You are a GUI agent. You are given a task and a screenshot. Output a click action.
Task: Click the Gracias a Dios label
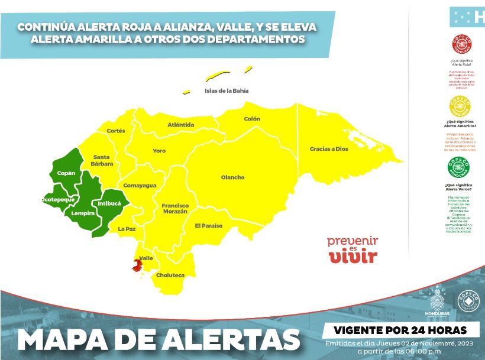[x=329, y=149]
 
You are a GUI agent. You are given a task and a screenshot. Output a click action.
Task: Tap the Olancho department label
[x=232, y=177]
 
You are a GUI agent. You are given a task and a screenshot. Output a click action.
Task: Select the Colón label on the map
[x=252, y=119]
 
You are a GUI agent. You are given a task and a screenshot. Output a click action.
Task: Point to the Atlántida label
[x=180, y=125]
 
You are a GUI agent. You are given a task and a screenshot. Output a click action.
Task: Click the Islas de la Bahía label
[x=227, y=91]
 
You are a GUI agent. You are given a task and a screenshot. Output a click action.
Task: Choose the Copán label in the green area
[x=66, y=173]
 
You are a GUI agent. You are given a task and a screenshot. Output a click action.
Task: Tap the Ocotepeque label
[x=57, y=200]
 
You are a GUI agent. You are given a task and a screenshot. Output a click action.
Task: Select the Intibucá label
[x=109, y=203]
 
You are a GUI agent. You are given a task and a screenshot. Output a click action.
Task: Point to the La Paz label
[x=127, y=228]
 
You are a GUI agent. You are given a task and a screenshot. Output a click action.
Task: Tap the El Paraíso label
[x=209, y=226]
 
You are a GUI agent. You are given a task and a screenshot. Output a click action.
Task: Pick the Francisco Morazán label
[x=174, y=208]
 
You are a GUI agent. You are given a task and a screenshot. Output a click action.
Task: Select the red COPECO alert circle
[x=461, y=45]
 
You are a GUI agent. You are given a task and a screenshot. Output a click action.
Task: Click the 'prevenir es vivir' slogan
[x=353, y=249]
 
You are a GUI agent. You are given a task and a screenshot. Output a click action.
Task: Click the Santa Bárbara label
[x=102, y=160]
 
